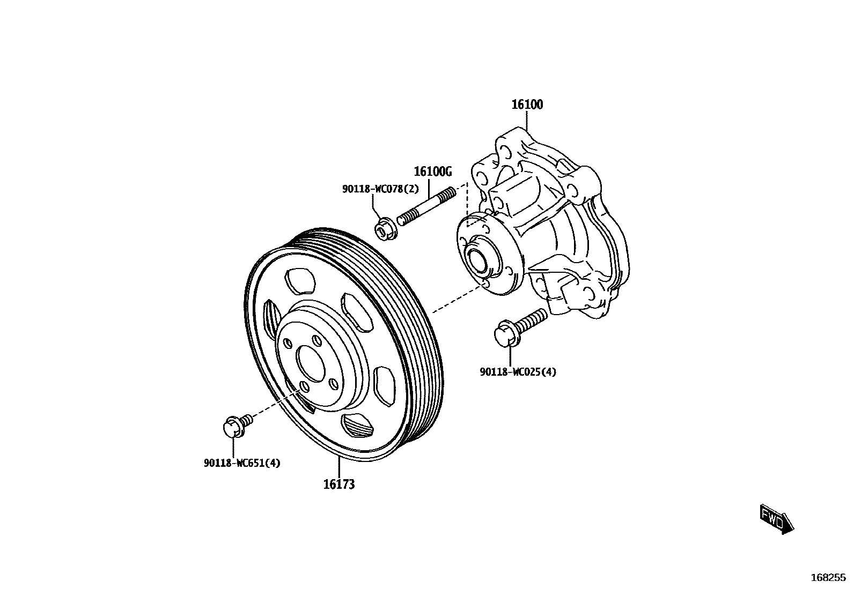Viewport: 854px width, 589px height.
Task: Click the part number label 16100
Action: coord(527,105)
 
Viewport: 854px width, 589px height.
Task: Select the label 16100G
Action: coord(432,172)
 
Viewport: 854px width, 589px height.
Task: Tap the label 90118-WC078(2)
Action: coord(380,189)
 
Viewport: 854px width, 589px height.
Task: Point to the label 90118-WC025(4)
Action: coord(518,371)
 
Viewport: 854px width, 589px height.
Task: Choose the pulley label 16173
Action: coord(338,484)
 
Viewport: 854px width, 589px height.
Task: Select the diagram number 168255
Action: coord(828,578)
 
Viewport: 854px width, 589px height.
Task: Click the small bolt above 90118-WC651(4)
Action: coord(235,426)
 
